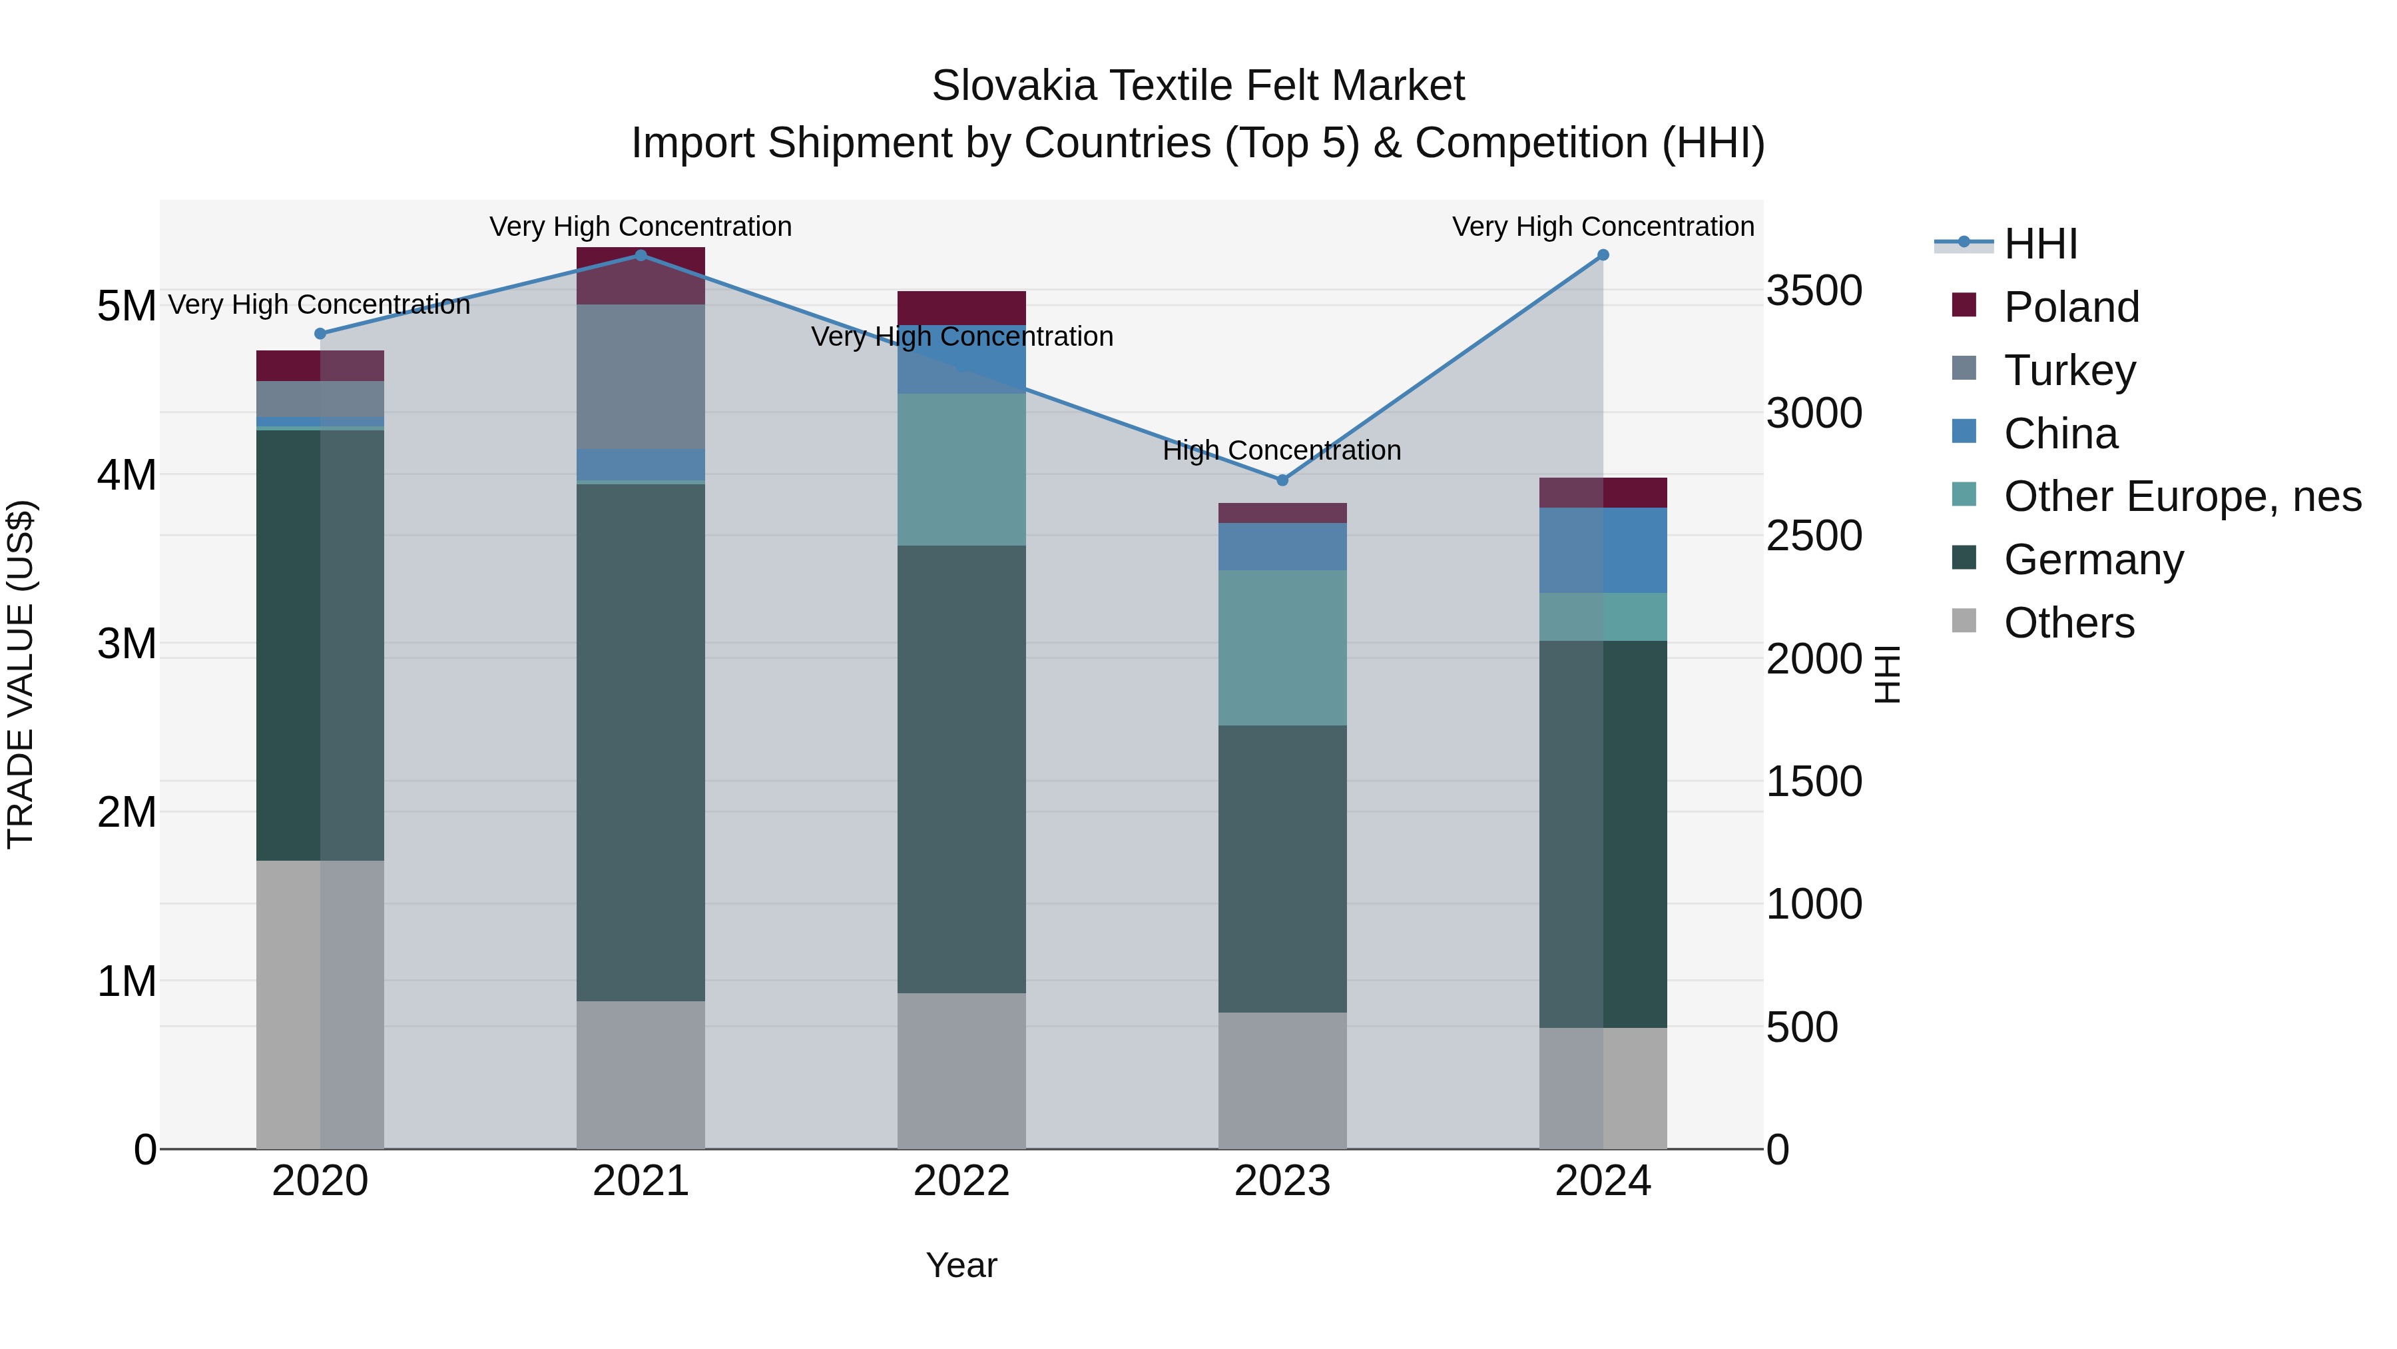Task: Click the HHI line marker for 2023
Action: (x=1282, y=480)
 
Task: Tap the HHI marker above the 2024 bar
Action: (x=1603, y=255)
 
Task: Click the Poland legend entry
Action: (x=2071, y=307)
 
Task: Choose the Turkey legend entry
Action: (x=2069, y=370)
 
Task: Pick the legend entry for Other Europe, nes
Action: (x=2181, y=496)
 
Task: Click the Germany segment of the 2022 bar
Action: (x=961, y=768)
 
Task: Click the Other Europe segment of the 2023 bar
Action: (x=1282, y=648)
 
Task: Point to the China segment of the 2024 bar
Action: (x=1603, y=550)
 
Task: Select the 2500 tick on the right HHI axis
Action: (x=1814, y=537)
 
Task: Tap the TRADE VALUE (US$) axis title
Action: (x=21, y=674)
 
